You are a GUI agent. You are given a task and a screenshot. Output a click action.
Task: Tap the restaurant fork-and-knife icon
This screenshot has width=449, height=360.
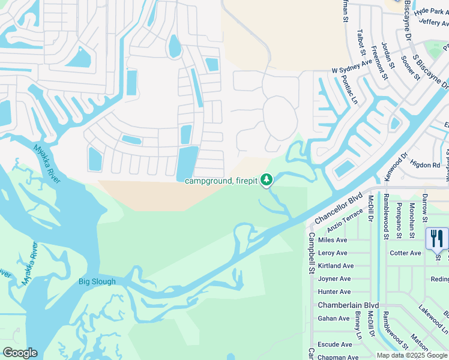[x=436, y=239]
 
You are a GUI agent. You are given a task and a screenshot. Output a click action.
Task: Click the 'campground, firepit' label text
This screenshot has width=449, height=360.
[x=220, y=181]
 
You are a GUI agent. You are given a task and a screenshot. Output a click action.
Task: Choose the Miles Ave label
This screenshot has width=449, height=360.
[x=333, y=240]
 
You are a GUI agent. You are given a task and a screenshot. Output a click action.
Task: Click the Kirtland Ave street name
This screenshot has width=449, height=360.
[x=336, y=266]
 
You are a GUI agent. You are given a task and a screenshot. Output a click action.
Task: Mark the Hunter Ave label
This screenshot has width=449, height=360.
[x=334, y=292]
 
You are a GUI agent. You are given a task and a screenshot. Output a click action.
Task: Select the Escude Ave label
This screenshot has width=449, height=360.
[x=334, y=344]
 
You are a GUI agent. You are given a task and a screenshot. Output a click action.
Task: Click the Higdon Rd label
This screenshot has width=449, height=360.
[x=424, y=165]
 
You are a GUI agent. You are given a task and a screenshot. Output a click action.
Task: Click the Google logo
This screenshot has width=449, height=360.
[x=20, y=353]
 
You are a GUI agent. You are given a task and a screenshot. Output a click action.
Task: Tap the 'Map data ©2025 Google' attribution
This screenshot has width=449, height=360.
[x=412, y=355]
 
